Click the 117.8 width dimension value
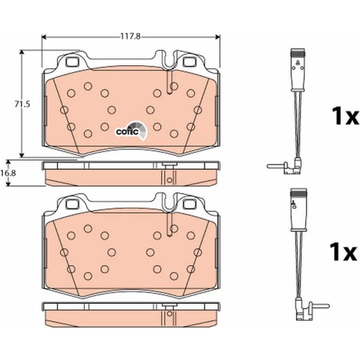131,36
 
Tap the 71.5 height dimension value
22,104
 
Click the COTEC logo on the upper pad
131,131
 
